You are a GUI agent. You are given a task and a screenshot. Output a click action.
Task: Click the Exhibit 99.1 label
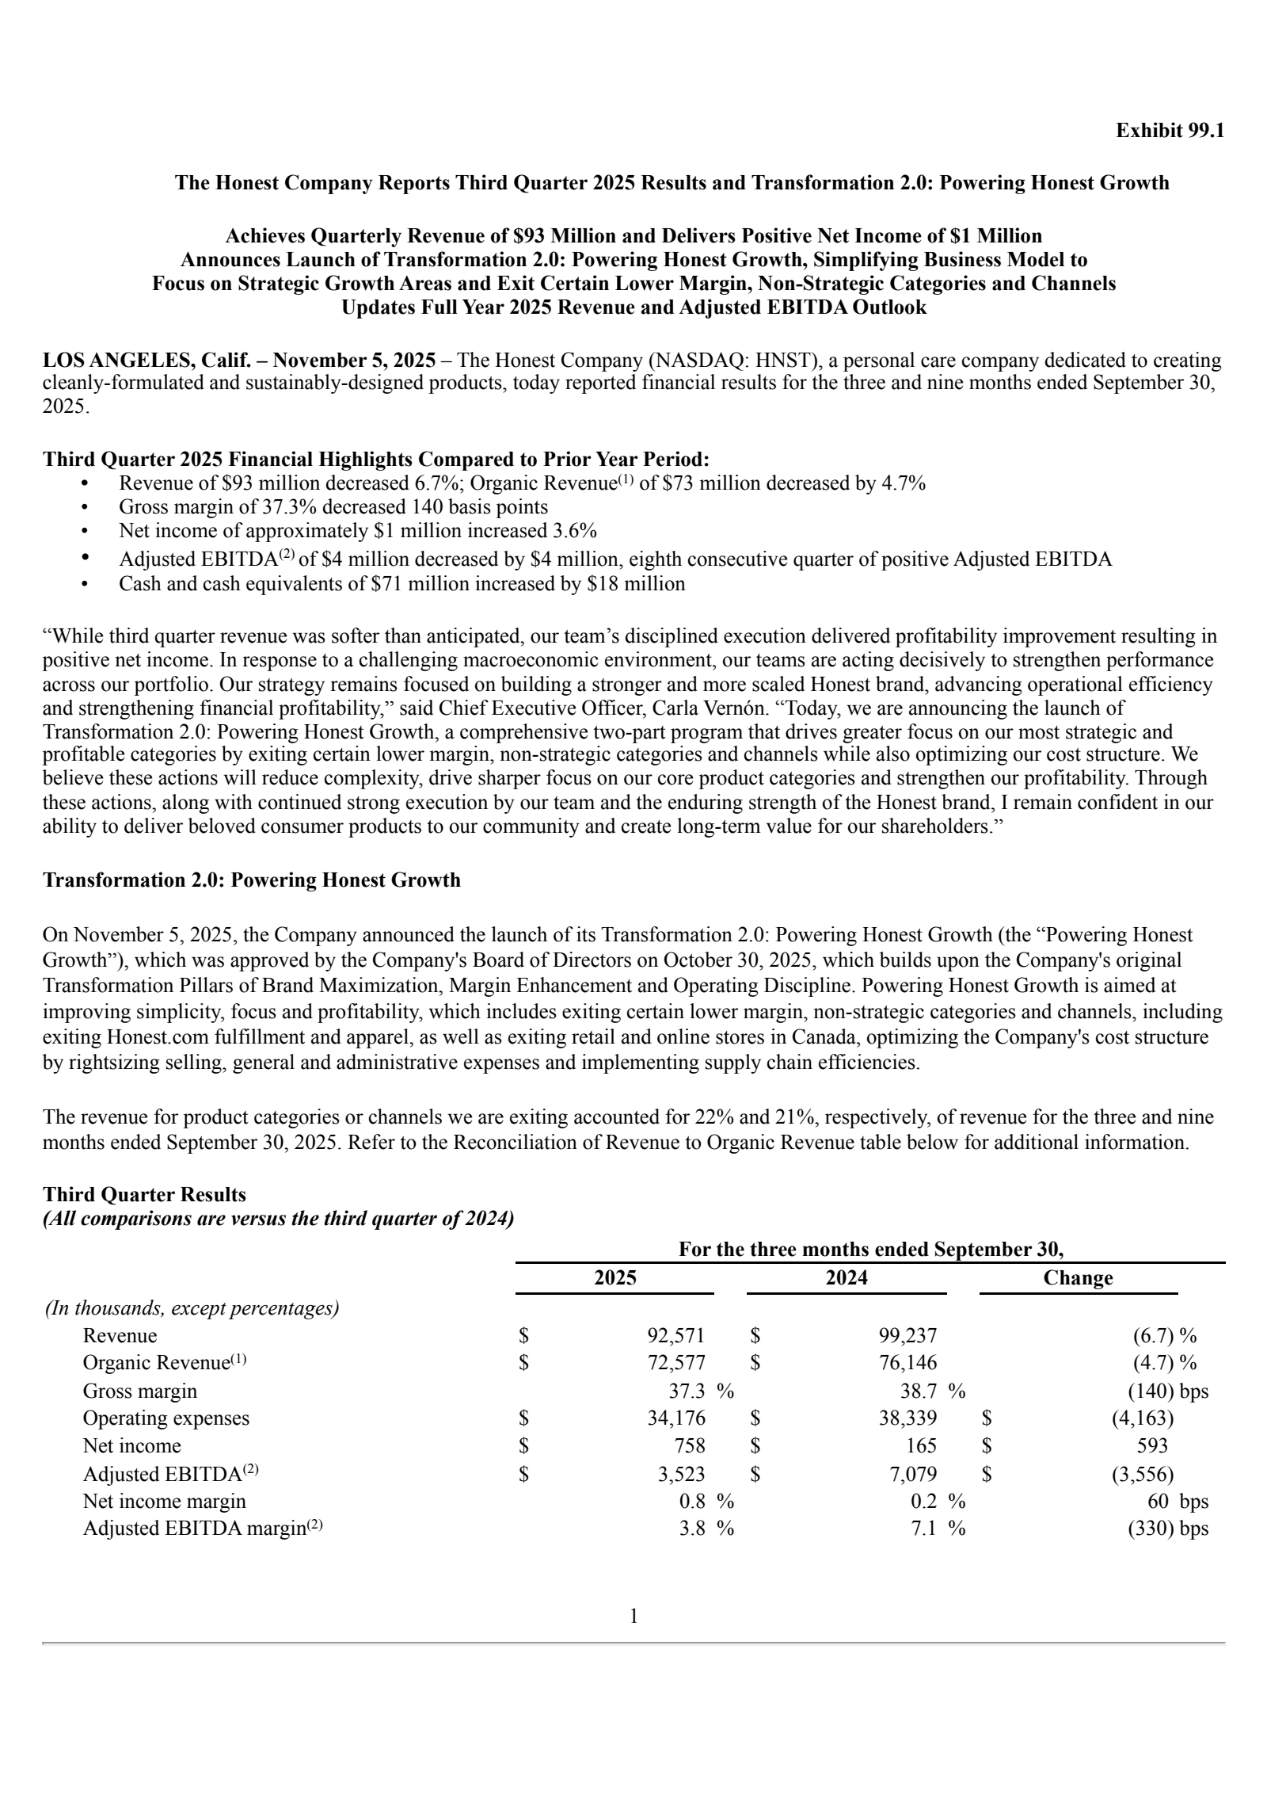1170,131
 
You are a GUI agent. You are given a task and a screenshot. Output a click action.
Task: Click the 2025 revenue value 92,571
675,1335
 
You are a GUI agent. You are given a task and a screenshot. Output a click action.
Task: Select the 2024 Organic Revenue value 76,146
907,1362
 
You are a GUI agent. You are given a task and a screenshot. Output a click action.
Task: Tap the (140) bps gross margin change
1167,1391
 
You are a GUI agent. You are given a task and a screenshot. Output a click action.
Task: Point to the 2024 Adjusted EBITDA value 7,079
911,1474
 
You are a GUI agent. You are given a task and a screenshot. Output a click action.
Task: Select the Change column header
1077,1277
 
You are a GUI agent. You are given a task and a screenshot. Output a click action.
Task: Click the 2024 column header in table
846,1277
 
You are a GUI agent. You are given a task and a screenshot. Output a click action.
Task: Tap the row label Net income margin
164,1501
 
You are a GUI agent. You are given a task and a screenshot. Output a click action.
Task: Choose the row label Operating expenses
166,1418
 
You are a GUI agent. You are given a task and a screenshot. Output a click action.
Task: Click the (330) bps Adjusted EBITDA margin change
1167,1528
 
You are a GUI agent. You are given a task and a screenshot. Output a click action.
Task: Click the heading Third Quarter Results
144,1194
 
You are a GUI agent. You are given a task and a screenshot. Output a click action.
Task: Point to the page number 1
633,1616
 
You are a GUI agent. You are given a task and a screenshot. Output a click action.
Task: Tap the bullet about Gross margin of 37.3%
333,506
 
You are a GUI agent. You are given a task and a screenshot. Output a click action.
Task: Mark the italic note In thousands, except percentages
192,1307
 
